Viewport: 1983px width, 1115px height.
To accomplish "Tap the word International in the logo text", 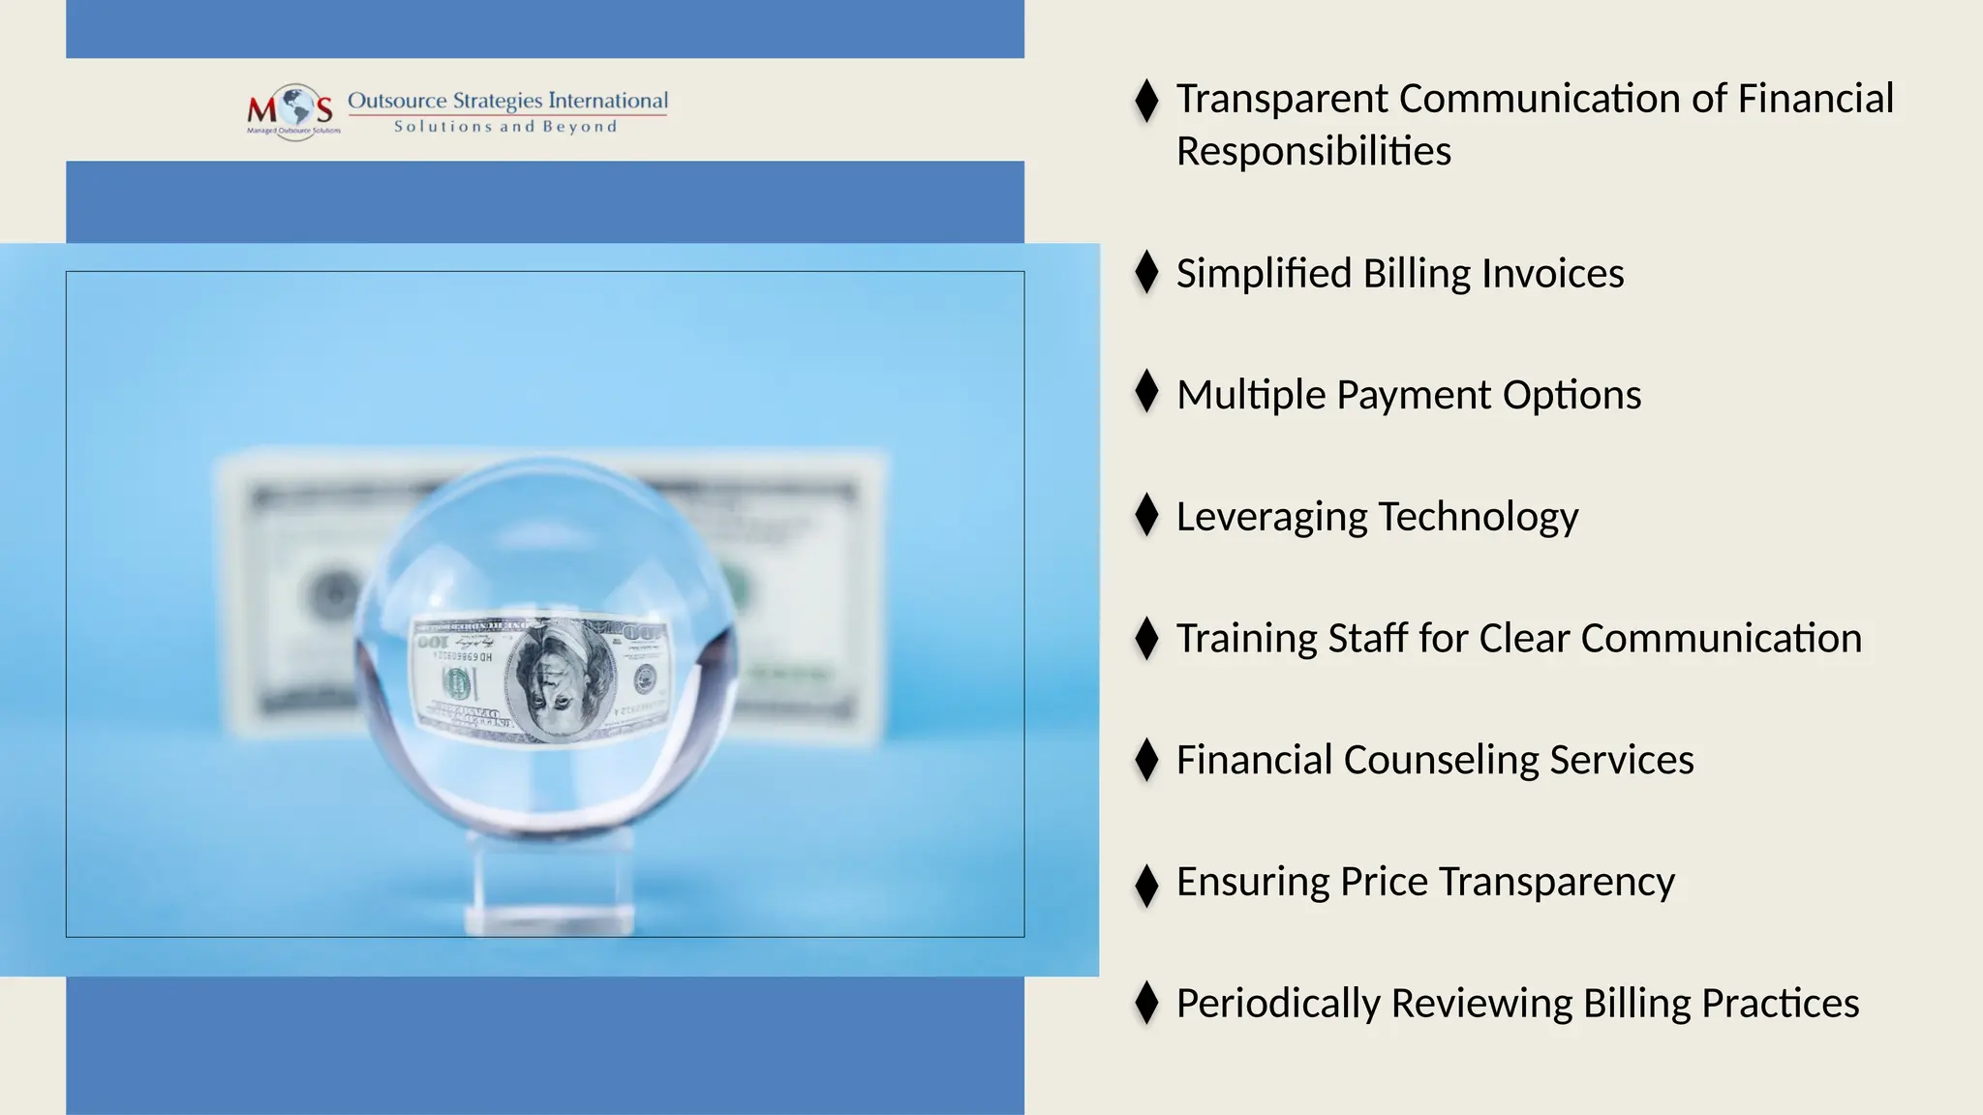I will click(608, 101).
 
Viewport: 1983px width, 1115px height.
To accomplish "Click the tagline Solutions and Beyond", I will click(505, 127).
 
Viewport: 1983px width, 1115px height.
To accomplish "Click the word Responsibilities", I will click(1313, 152).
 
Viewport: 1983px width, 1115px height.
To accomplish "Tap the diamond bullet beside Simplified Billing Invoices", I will click(1146, 272).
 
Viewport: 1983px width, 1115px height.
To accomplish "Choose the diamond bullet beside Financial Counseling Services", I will click(1146, 759).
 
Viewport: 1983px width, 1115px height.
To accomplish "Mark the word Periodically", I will click(1277, 1004).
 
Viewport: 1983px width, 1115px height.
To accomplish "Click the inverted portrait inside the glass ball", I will click(560, 679).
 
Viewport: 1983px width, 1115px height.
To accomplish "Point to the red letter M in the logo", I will click(261, 109).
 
